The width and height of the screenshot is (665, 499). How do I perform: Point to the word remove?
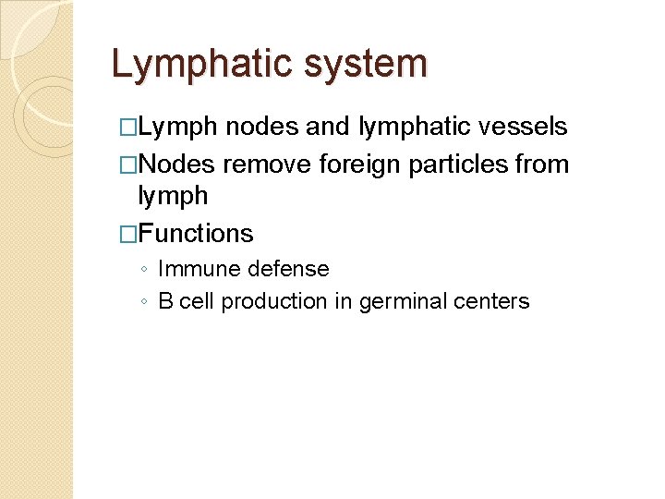[x=266, y=164]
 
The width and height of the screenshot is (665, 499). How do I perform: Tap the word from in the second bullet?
[x=542, y=164]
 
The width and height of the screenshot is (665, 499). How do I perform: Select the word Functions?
[x=195, y=234]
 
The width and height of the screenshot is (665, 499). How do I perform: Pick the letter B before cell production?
[x=165, y=301]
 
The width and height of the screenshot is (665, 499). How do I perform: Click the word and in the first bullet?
[x=329, y=127]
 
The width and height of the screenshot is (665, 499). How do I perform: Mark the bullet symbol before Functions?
[x=127, y=234]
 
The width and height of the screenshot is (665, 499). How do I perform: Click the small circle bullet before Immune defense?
[x=143, y=270]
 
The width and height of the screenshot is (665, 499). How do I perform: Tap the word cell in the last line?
[x=195, y=301]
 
